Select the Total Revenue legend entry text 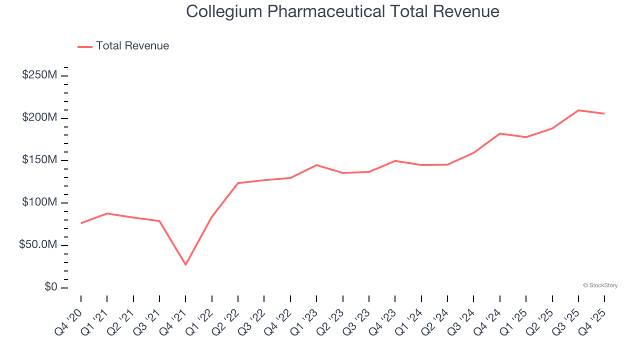point(132,46)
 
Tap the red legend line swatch point(85,46)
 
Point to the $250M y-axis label point(39,75)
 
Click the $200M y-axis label point(39,117)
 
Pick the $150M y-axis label point(39,160)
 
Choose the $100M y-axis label point(39,202)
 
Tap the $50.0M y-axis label point(37,245)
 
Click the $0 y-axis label point(50,287)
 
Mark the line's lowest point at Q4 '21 point(185,264)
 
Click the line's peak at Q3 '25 point(578,110)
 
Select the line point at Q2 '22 point(238,183)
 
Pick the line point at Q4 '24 point(500,133)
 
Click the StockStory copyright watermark point(600,285)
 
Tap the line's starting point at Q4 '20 point(81,223)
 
